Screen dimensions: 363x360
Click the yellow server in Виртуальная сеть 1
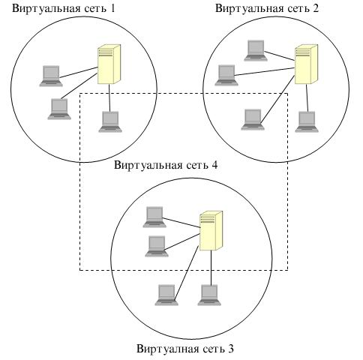pos(109,64)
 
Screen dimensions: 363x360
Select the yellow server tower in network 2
pos(306,64)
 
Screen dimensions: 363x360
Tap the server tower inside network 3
pos(211,230)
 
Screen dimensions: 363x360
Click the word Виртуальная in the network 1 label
pos(46,8)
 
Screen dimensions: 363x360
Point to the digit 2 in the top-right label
pos(316,8)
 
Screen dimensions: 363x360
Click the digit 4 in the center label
pos(214,165)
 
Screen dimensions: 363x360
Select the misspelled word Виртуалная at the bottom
pos(168,349)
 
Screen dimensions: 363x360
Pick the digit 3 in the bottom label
pos(231,349)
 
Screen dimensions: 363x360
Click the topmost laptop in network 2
pos(256,50)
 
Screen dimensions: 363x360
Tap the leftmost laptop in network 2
pos(226,75)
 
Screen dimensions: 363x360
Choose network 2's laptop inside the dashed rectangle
pos(253,119)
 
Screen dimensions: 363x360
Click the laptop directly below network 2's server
pos(307,121)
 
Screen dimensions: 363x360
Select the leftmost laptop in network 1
pos(51,76)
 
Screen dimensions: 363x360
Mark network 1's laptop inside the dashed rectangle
pos(110,121)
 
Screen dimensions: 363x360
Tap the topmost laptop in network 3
pos(154,217)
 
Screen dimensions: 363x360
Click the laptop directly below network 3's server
pos(209,295)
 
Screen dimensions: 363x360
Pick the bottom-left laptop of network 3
pos(166,295)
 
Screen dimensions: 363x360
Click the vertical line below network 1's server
pos(109,97)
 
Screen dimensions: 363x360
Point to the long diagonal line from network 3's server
pos(187,272)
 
